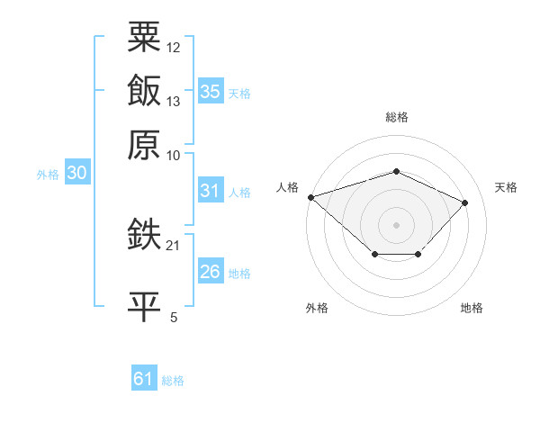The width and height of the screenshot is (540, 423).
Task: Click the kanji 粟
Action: coord(144,37)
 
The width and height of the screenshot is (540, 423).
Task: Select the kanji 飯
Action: coord(144,90)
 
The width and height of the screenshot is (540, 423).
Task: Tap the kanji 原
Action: coord(144,145)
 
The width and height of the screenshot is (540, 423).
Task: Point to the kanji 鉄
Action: coord(144,233)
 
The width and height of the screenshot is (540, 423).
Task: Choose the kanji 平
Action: coord(144,307)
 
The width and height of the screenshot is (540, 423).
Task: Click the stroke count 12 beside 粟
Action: coord(173,48)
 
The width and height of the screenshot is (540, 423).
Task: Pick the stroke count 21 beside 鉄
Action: coord(173,246)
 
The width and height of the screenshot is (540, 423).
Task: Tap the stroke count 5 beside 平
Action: coord(174,317)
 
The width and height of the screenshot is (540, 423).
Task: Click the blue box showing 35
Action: coord(211,91)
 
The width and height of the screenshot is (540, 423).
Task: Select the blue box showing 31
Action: coord(211,190)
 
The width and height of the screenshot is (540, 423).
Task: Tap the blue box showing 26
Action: coord(211,270)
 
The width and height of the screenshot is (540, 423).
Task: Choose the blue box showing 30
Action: coord(77,172)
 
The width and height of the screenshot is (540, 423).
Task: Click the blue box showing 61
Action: coord(144,377)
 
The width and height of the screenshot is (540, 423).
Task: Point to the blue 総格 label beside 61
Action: coord(173,381)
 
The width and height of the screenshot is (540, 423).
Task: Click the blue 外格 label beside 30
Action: coord(48,175)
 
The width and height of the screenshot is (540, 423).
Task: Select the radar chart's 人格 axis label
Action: coord(287,187)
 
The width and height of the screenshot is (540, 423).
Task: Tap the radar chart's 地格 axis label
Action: coord(472,308)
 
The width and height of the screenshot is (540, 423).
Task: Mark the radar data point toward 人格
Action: coord(311,197)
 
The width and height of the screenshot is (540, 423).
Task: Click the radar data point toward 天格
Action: coord(465,202)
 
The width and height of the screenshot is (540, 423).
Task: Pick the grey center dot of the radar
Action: coord(396,225)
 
